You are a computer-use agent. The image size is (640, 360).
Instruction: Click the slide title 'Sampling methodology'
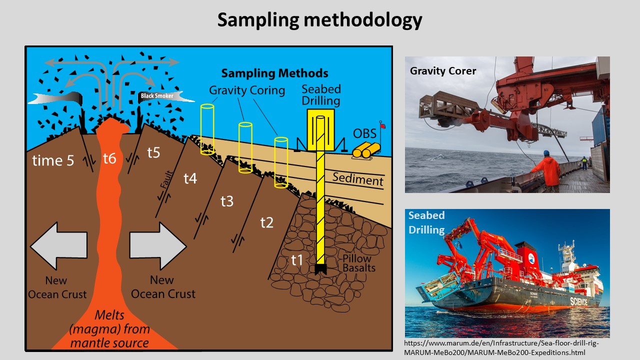[319, 20]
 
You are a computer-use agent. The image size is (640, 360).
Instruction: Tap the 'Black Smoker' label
[157, 96]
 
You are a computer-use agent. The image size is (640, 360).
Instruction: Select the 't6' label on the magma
[109, 158]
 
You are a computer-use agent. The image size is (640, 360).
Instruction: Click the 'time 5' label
[53, 160]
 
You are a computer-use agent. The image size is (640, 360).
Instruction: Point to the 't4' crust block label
[190, 178]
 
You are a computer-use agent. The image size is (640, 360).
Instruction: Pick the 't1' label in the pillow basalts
[297, 260]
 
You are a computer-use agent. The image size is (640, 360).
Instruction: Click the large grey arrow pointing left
[58, 245]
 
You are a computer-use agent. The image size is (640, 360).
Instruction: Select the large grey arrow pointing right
[158, 246]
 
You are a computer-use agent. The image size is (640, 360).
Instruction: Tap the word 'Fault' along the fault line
[166, 179]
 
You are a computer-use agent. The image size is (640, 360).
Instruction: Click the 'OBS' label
[364, 133]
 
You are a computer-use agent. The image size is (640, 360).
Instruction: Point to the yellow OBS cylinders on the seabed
[366, 150]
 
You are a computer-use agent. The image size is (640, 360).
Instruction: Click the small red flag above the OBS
[382, 125]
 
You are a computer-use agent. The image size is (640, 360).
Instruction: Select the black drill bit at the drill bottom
[320, 269]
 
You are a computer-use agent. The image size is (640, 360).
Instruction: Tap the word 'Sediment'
[357, 179]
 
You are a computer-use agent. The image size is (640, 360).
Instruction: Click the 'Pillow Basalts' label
[359, 263]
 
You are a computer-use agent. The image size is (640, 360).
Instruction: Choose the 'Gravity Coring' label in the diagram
[247, 90]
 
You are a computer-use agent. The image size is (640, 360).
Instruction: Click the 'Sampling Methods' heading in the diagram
[274, 73]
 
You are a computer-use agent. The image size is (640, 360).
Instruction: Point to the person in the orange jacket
[548, 171]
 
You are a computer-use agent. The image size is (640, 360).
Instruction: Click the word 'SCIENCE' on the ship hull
[579, 301]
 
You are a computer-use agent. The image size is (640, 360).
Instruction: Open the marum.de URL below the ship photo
[501, 347]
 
